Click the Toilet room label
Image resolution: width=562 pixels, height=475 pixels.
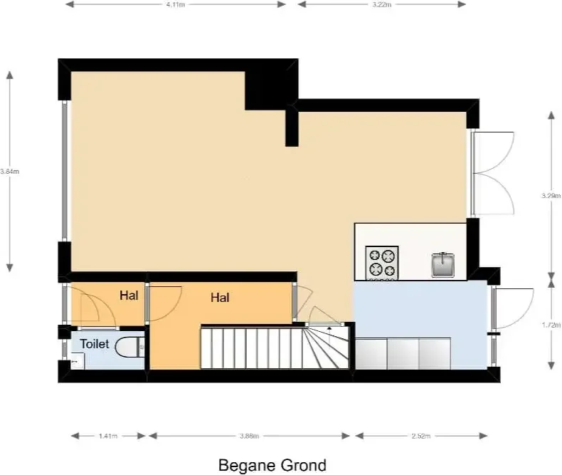[x=95, y=344]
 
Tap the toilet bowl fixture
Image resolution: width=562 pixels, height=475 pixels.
[x=129, y=347]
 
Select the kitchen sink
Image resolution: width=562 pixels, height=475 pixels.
[x=443, y=265]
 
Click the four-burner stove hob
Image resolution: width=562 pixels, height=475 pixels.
[x=382, y=263]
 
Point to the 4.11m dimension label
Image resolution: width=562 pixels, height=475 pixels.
[x=176, y=5]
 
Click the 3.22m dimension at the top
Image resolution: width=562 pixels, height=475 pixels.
[x=382, y=5]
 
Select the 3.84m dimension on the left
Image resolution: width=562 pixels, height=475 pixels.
[x=10, y=172]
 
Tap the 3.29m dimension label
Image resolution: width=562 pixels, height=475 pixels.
[x=551, y=196]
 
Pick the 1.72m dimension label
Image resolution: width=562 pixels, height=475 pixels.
[x=551, y=325]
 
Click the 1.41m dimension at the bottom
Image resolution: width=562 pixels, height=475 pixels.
[x=108, y=437]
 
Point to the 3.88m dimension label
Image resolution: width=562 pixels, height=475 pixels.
[x=249, y=437]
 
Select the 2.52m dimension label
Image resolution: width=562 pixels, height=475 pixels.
[x=420, y=437]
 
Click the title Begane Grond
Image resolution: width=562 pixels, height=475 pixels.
[x=272, y=465]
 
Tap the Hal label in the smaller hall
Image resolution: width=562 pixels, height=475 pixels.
[x=129, y=296]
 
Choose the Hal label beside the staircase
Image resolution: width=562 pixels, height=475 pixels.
[x=220, y=298]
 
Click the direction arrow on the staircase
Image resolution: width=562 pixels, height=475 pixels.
[x=330, y=335]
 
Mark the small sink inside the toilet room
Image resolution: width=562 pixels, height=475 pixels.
[x=77, y=360]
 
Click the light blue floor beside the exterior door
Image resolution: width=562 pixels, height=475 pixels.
[x=420, y=308]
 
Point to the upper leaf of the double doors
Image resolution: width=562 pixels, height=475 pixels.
[x=493, y=152]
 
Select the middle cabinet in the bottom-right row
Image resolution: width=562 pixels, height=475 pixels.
[x=403, y=353]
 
